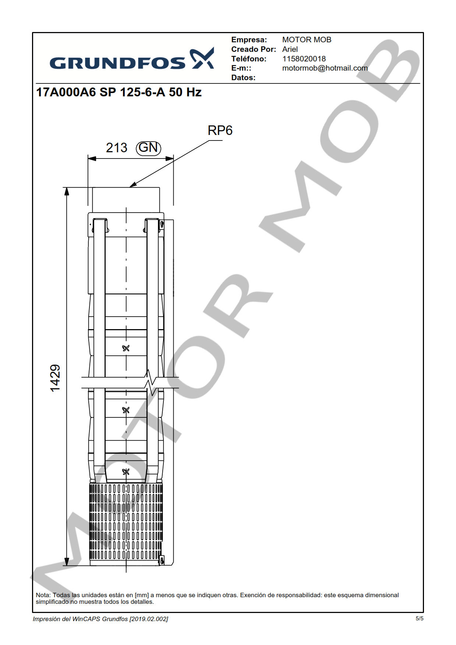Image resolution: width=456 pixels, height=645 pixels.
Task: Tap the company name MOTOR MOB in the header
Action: [x=307, y=40]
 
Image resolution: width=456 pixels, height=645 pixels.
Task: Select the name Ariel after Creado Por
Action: [x=290, y=49]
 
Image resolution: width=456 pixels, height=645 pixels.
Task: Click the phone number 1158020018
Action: [x=304, y=59]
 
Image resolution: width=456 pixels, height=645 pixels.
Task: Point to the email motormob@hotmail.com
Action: [x=325, y=68]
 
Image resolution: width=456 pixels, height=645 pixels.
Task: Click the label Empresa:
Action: [x=249, y=40]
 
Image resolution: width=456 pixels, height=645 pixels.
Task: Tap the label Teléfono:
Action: [x=249, y=59]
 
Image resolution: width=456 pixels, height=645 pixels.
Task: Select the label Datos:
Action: [x=243, y=78]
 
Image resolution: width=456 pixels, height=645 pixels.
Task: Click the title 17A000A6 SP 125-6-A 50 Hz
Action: [x=119, y=92]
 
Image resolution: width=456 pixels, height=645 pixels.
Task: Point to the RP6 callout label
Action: [x=220, y=131]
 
